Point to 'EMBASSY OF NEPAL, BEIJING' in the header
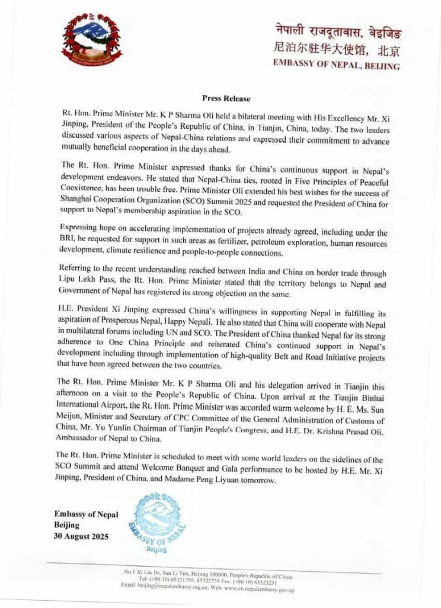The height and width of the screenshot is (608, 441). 336,66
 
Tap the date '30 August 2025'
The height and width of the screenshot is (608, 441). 82,537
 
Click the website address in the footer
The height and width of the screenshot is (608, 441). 260,590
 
